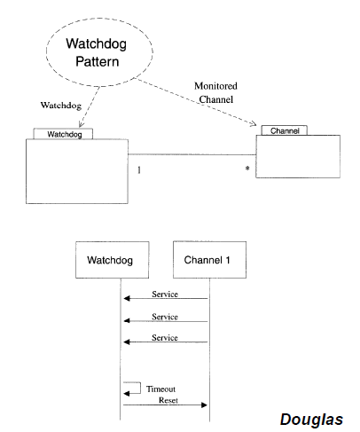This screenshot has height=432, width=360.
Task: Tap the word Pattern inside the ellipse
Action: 98,61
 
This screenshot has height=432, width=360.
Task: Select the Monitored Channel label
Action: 215,92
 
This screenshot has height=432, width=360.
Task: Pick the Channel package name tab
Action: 285,130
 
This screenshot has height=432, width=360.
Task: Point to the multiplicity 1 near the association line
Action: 139,170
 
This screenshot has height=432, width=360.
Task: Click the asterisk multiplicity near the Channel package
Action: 247,169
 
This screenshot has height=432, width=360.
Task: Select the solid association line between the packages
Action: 192,154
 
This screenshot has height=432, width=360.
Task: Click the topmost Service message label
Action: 165,295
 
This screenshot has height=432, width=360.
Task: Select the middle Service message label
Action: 165,317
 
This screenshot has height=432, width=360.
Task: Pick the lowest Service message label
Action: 165,338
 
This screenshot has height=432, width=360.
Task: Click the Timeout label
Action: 160,389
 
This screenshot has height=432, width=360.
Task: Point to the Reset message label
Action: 168,400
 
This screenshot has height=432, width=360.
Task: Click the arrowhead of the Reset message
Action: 204,405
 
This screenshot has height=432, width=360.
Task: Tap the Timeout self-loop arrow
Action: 140,388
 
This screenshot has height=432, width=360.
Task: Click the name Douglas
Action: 311,420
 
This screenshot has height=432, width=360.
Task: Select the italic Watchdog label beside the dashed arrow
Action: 61,106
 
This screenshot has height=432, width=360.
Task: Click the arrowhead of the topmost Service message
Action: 127,298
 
